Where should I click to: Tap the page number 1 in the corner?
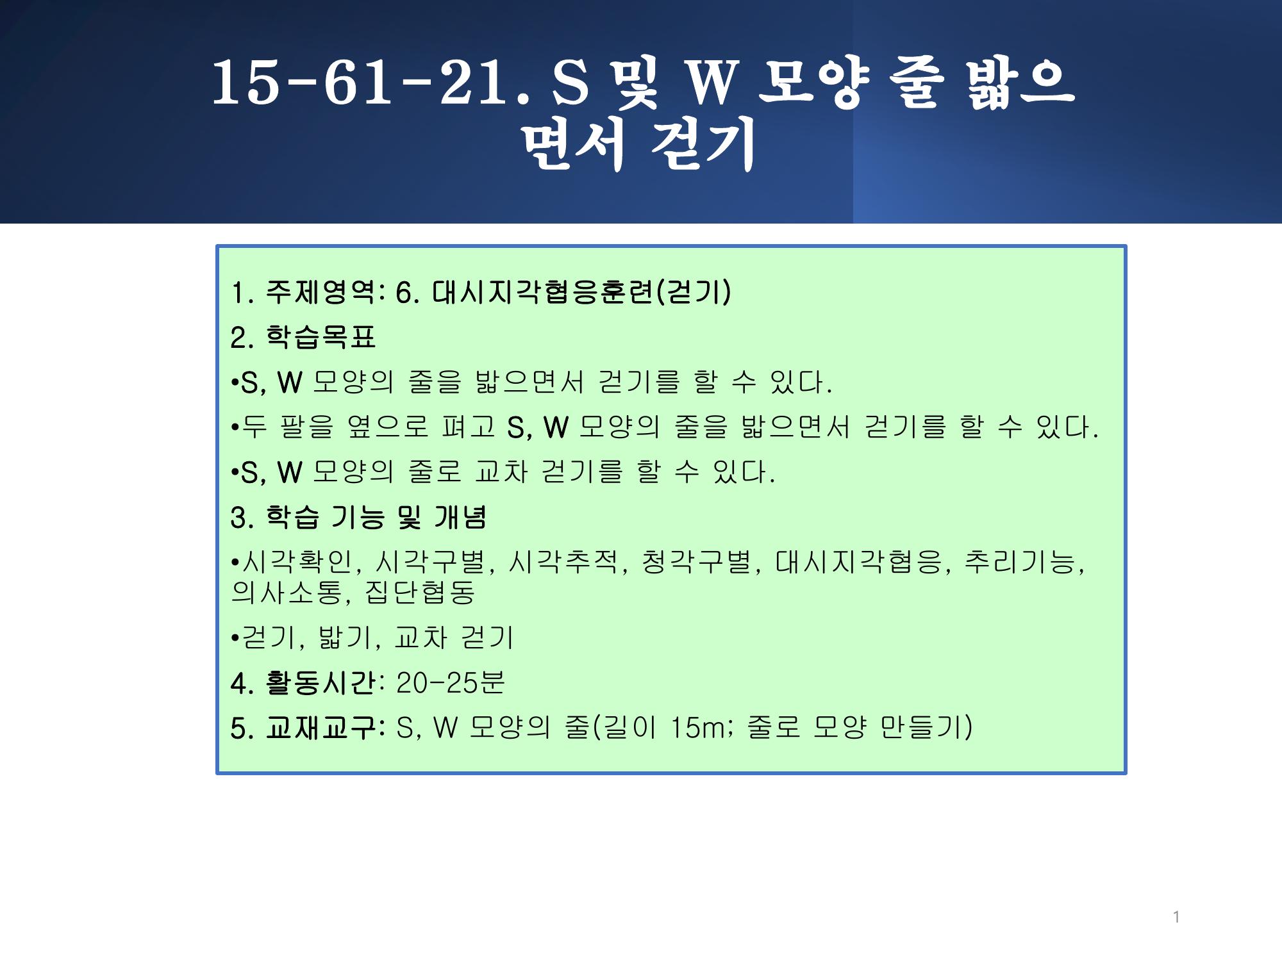click(x=1176, y=917)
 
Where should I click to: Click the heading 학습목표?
click(x=320, y=337)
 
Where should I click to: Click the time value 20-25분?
click(x=451, y=683)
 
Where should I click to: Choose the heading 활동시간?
click(x=320, y=683)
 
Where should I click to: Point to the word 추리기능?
click(x=1020, y=562)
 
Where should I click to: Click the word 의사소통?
click(x=287, y=592)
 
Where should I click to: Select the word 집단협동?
click(x=420, y=592)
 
